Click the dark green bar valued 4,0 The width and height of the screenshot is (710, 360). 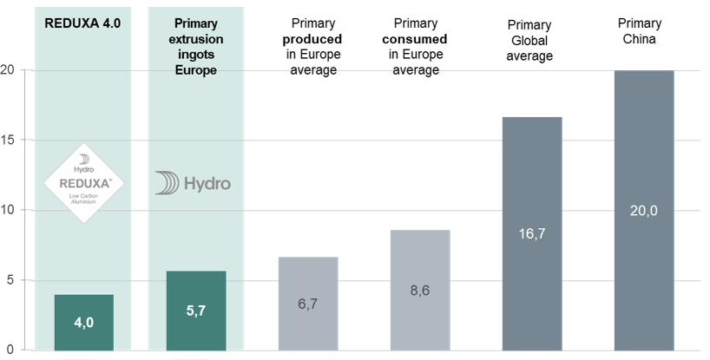click(x=83, y=322)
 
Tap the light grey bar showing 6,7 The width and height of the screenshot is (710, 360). click(x=308, y=303)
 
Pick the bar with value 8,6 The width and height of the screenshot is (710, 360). click(x=420, y=290)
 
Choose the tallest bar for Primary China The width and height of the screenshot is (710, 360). click(x=644, y=210)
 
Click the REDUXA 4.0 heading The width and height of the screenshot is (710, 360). click(x=83, y=23)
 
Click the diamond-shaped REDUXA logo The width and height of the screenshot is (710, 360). click(x=83, y=183)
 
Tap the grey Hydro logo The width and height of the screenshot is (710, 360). click(x=194, y=184)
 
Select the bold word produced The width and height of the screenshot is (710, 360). click(x=312, y=39)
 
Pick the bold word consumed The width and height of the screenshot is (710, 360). click(x=421, y=39)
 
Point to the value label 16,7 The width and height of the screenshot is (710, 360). click(x=532, y=233)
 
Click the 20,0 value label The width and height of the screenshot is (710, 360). click(x=644, y=211)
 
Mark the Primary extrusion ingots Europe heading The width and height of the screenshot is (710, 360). click(x=196, y=46)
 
